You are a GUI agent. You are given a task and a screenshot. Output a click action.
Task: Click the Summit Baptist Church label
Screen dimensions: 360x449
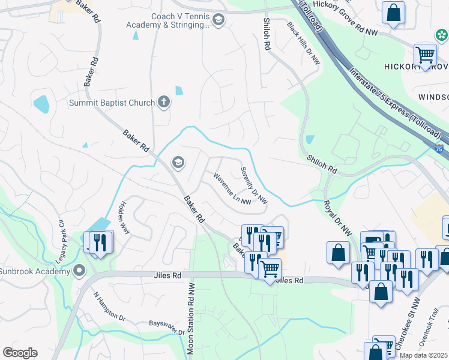[112, 103]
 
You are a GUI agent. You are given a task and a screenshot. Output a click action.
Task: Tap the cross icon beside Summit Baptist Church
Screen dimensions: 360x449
[164, 102]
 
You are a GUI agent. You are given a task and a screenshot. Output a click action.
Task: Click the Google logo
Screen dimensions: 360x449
[20, 353]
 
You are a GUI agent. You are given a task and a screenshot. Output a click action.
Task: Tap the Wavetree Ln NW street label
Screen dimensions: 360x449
[233, 188]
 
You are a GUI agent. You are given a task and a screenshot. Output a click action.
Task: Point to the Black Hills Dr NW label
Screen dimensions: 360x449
[304, 44]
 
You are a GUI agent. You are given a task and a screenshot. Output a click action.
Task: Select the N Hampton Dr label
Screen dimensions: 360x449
[109, 306]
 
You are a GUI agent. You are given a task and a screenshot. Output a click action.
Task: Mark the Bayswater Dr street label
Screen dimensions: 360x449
[166, 328]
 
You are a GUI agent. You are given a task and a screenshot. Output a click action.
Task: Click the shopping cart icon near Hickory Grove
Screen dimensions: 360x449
[425, 55]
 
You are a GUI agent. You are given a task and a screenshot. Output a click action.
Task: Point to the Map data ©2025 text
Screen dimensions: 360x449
[423, 355]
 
